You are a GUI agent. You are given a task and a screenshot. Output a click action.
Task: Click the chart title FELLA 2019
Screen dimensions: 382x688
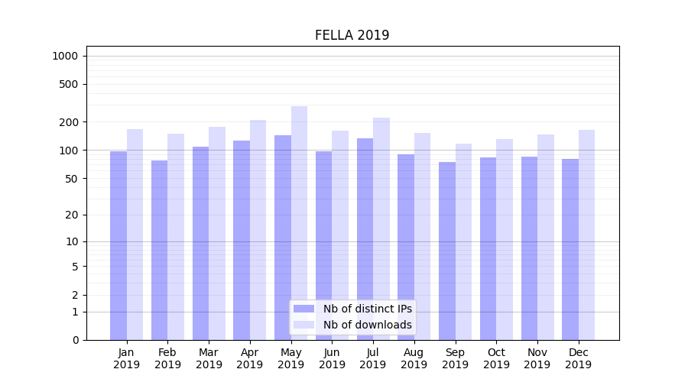[352, 35]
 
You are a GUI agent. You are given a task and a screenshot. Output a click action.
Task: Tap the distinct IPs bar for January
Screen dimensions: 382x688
[118, 245]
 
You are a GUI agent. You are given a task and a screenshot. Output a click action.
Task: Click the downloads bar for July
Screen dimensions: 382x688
[381, 228]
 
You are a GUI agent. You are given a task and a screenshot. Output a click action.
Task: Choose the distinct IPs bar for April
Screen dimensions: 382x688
[242, 240]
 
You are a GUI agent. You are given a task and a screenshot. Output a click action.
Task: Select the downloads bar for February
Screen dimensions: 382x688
[176, 237]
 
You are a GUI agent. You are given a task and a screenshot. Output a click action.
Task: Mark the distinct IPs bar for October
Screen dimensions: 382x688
[488, 248]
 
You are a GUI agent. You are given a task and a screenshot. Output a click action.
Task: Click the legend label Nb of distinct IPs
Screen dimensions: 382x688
[367, 309]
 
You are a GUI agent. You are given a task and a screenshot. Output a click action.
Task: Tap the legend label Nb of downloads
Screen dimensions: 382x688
[367, 325]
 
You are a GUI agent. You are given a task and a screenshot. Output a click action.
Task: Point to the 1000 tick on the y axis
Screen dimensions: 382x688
[65, 56]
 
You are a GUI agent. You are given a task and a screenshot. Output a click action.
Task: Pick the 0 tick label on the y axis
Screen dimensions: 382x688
[75, 340]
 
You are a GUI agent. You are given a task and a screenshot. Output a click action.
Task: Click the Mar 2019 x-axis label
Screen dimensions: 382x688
[209, 358]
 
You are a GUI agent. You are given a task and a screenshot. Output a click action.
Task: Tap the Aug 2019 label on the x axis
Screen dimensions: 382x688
[414, 358]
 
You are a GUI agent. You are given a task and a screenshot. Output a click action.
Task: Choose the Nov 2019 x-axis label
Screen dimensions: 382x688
[537, 358]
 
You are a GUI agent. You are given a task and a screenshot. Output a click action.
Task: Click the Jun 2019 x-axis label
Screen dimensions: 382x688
[332, 358]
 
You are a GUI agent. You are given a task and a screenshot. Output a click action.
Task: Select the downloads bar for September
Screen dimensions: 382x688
[463, 241]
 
